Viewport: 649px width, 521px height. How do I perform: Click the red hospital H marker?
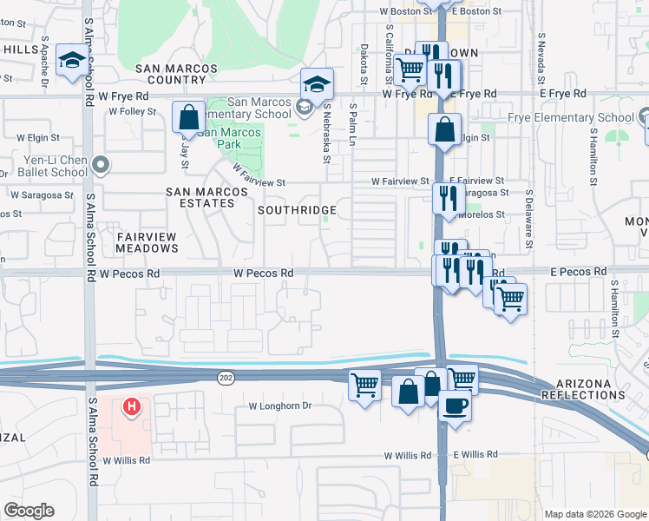pyautogui.click(x=131, y=406)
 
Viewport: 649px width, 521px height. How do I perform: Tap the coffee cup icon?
pyautogui.click(x=454, y=405)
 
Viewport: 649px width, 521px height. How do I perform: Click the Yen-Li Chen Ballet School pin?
pyautogui.click(x=101, y=163)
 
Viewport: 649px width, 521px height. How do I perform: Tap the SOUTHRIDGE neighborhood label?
pyautogui.click(x=296, y=210)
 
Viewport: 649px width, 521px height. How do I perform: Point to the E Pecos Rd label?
pyautogui.click(x=578, y=272)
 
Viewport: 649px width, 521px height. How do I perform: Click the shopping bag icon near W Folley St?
pyautogui.click(x=188, y=117)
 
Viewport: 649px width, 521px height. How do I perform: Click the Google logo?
pyautogui.click(x=29, y=511)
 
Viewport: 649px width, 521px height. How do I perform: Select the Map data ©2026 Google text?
pyautogui.click(x=594, y=514)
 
